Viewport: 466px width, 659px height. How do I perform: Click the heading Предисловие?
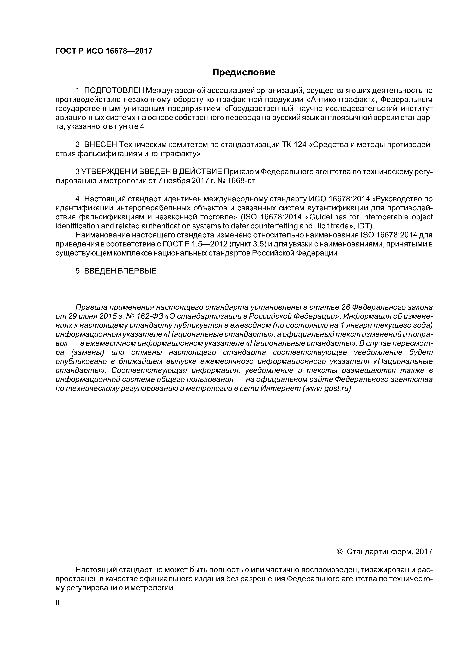244,72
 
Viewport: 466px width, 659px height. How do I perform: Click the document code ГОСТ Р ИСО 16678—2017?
104,51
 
